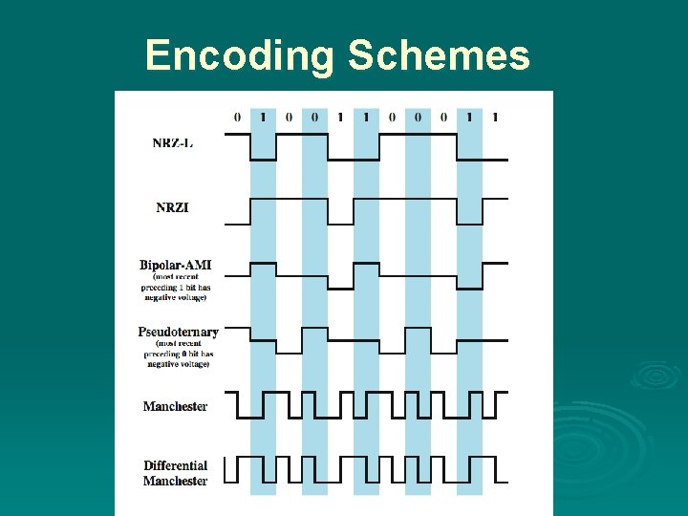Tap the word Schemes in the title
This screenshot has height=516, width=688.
[439, 55]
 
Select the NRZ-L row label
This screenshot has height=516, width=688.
[172, 143]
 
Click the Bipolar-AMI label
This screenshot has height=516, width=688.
[176, 265]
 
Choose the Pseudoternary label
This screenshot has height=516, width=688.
[178, 333]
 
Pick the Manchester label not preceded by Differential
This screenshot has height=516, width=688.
[175, 406]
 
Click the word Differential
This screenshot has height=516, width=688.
[176, 466]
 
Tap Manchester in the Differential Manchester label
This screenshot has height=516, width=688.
[175, 481]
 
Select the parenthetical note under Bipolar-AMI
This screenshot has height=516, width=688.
[176, 288]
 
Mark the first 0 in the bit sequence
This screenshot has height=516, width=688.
[237, 118]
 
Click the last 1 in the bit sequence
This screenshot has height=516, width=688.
[495, 118]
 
